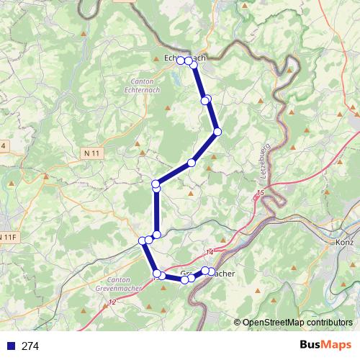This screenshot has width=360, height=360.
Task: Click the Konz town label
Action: point(345,243)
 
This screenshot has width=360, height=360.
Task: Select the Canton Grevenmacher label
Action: point(118,284)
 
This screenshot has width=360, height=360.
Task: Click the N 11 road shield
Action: point(91,153)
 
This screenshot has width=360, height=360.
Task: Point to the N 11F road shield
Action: point(8,237)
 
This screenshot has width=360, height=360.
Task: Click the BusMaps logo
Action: point(325,345)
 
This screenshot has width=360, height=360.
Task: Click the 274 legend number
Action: point(30,346)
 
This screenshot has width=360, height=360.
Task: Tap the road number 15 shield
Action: point(260,194)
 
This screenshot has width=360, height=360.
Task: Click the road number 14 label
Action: point(210,251)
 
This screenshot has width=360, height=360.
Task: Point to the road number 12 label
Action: point(112,302)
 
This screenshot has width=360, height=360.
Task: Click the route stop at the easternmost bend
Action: point(217,131)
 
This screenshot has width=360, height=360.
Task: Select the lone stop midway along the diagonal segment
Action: point(191,163)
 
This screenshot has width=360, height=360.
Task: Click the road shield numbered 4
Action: point(3,145)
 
